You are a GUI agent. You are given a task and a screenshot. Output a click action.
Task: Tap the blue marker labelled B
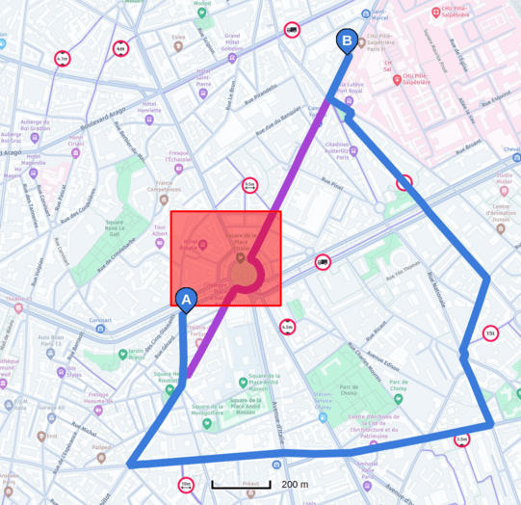(x=345, y=41)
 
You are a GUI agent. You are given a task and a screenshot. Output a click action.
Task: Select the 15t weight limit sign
(x=491, y=334)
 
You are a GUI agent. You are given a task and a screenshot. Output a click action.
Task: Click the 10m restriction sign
(x=186, y=485)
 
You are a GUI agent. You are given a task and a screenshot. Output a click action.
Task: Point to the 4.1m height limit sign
(x=63, y=59)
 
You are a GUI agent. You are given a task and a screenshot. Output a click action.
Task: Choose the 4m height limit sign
(x=120, y=48)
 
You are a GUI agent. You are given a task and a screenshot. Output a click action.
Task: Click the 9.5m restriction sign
(x=249, y=185)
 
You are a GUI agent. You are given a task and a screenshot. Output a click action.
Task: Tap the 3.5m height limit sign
(x=461, y=440)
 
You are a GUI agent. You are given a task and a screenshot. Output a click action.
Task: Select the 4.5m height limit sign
(x=287, y=328)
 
